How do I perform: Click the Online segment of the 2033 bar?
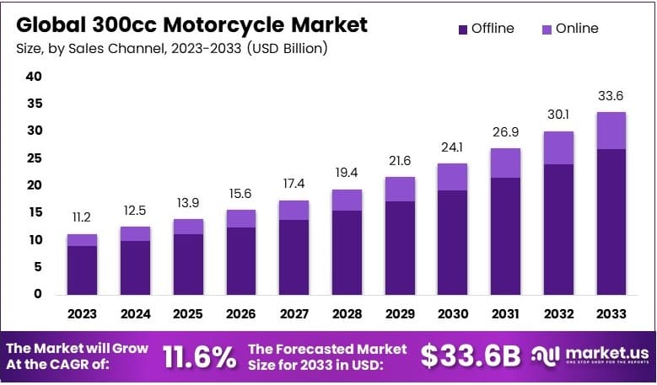[x=611, y=131]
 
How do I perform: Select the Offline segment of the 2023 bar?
[x=82, y=270]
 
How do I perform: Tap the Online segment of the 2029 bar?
[x=399, y=189]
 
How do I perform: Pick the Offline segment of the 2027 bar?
[x=293, y=257]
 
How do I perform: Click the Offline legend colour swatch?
[x=462, y=29]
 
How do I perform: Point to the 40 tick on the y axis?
[x=33, y=77]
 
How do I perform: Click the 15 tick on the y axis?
[x=33, y=212]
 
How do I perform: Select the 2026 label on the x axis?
[x=240, y=314]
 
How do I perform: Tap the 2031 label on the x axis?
[x=504, y=314]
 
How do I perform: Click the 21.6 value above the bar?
[x=399, y=161]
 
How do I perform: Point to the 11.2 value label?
[x=82, y=217]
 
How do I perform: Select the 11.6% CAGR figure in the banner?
[x=198, y=357]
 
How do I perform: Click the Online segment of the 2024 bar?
[x=135, y=233]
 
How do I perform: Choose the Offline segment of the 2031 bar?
[x=504, y=236]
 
